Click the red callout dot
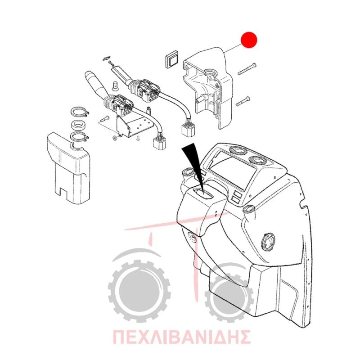(249, 40)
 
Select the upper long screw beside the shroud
(247, 69)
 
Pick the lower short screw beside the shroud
(243, 101)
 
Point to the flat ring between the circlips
(79, 125)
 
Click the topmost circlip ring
(80, 112)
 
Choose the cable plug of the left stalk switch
(160, 141)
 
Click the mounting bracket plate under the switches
(133, 124)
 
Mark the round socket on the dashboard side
(267, 243)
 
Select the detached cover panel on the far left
(68, 167)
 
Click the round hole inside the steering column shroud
(210, 73)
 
